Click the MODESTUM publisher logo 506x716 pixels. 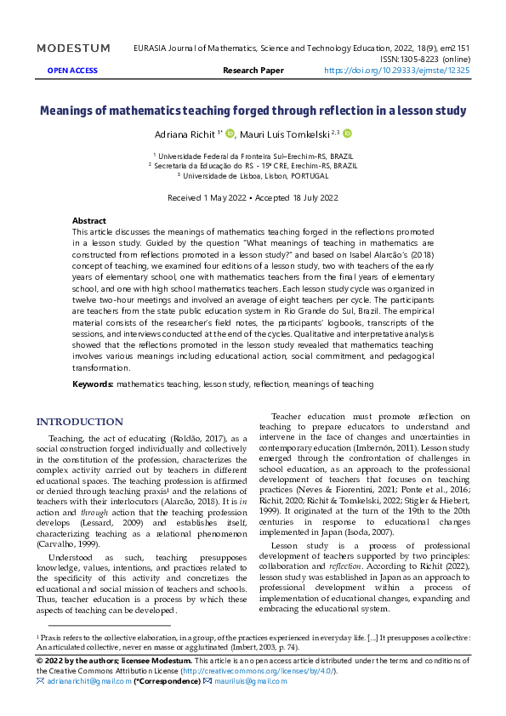[73, 48]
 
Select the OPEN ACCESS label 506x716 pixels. [71, 71]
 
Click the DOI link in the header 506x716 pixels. [396, 71]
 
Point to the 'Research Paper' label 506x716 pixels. [253, 71]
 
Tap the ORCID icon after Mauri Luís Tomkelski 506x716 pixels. [347, 134]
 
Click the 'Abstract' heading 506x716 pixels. [89, 220]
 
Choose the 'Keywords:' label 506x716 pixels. [93, 384]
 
